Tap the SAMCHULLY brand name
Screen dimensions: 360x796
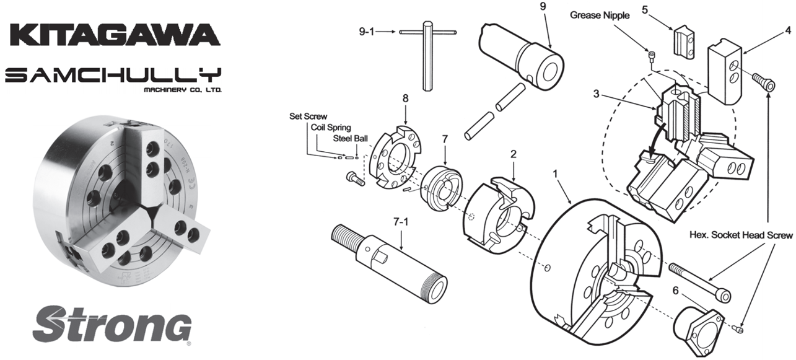click(x=113, y=76)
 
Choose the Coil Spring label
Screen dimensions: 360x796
click(x=330, y=127)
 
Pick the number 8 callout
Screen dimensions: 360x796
click(x=405, y=98)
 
